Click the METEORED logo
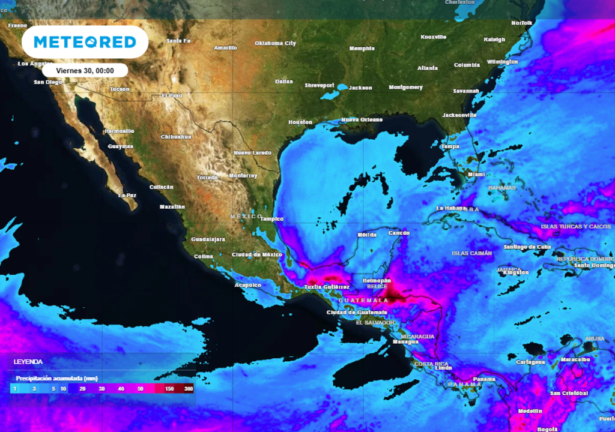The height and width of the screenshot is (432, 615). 85,42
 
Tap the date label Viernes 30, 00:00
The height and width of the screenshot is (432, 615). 85,70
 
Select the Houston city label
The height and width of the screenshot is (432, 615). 300,122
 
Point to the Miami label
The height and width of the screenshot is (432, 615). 476,175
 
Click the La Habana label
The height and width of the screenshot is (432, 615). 452,208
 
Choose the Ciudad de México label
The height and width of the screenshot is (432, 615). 257,255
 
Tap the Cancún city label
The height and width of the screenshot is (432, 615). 399,233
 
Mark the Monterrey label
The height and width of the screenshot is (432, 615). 243,176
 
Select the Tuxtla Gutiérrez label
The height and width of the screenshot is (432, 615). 327,287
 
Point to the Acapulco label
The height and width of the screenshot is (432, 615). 248,285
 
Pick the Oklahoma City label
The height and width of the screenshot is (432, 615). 276,44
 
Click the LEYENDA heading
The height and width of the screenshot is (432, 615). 28,362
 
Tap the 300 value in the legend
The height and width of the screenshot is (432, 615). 189,389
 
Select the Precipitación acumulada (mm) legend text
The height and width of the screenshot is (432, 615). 56,378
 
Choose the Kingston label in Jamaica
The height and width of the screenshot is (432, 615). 516,272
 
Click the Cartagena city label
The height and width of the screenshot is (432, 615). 531,362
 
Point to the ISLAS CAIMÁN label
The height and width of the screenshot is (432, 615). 472,253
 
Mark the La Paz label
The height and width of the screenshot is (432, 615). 127,196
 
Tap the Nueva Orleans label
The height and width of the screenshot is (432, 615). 362,120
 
